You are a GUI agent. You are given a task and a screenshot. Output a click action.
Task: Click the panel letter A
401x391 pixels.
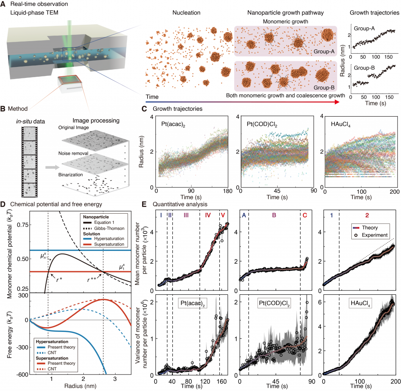[3, 4]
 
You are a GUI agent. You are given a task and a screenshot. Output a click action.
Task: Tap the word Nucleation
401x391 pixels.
[186, 13]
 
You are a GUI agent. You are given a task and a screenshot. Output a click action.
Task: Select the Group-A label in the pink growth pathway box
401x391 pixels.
[324, 51]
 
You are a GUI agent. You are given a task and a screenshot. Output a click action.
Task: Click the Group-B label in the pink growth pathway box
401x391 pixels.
[324, 88]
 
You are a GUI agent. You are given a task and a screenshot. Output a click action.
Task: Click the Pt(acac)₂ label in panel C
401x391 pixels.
[173, 124]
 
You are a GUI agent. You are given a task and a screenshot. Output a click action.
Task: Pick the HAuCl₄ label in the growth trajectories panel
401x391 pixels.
[341, 124]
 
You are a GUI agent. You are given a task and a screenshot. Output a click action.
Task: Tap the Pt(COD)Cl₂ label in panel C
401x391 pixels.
[262, 124]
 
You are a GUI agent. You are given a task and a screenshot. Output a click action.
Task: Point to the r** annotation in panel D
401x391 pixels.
[92, 279]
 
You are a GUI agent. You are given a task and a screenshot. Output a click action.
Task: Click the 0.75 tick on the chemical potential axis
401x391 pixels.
[22, 225]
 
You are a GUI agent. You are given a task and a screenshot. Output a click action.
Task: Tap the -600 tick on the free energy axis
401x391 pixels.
[22, 375]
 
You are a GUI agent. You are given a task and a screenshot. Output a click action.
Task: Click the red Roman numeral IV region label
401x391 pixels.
[208, 215]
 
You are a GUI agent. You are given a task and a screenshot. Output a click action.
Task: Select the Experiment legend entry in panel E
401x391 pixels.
[371, 235]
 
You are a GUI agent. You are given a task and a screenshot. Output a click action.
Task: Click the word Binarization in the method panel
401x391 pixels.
[70, 175]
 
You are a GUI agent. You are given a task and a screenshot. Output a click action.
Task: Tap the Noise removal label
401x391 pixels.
[73, 153]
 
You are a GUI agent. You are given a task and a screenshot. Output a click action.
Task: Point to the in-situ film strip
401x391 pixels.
[29, 162]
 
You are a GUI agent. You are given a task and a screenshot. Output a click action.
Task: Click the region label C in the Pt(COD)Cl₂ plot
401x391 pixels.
[305, 215]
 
